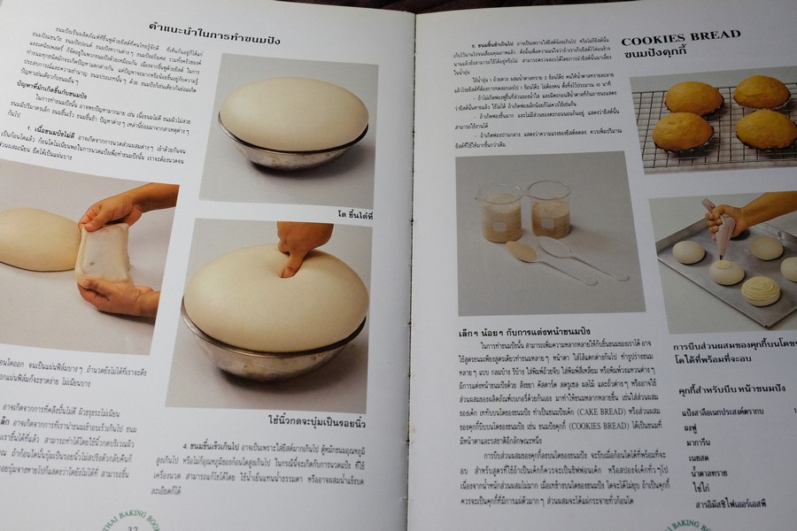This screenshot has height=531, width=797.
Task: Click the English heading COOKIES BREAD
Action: pos(681,38)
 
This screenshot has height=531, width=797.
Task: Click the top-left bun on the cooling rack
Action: pos(693,98)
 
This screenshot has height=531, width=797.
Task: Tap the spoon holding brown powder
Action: pos(523,252)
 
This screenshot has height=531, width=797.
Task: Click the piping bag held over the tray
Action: pos(724,227)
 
